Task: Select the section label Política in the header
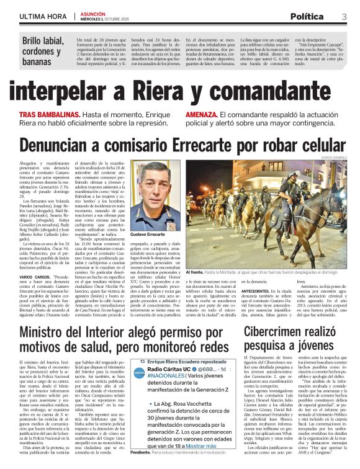point(306,16)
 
